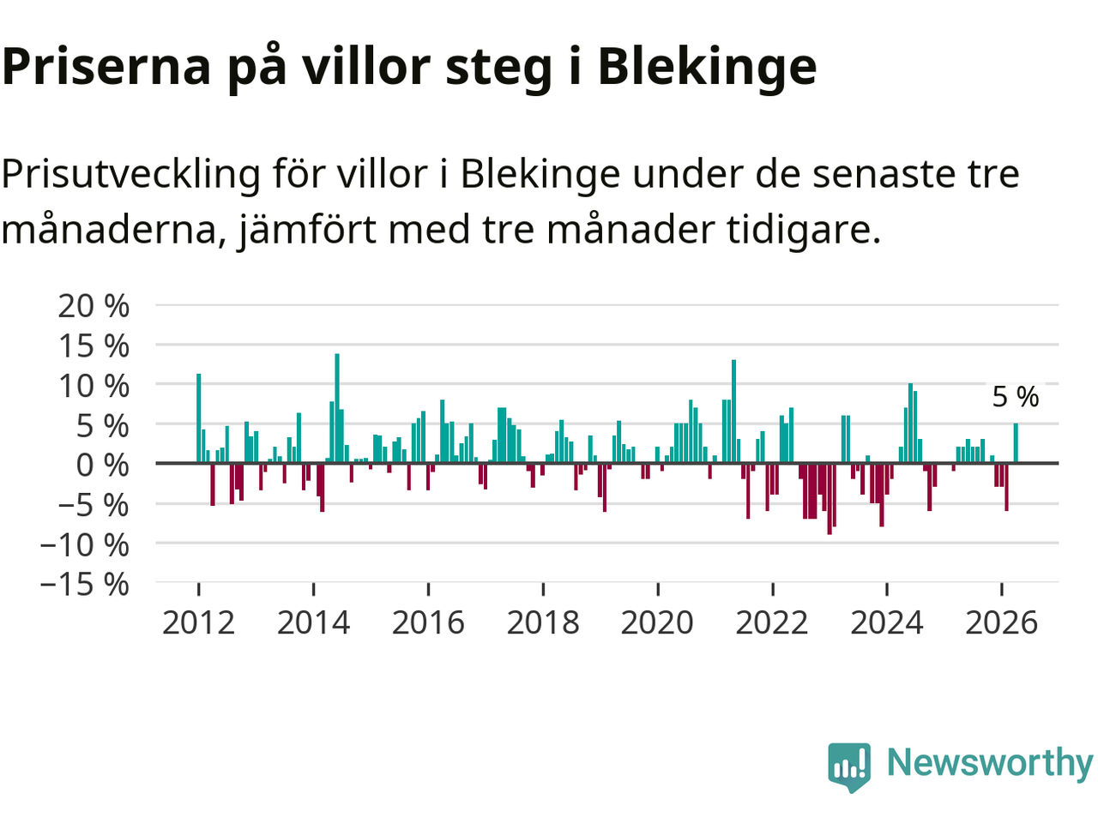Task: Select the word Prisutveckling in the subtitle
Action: tap(130, 175)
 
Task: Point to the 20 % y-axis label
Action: tap(94, 305)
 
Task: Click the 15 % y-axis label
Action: tap(94, 345)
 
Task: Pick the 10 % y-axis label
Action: tap(94, 386)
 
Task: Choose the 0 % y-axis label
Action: tap(103, 465)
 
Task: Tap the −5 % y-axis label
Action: tap(94, 505)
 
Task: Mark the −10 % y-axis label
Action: tap(85, 544)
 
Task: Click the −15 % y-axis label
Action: tap(85, 584)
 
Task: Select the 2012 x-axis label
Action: tap(199, 622)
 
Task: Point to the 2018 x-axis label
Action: tap(543, 622)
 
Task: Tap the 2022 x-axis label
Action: tap(772, 622)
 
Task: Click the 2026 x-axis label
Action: tap(1001, 622)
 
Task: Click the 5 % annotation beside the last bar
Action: tap(1016, 397)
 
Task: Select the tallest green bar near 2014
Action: tap(337, 408)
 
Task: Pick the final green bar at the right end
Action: tap(1016, 442)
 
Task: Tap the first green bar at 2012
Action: tap(199, 418)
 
